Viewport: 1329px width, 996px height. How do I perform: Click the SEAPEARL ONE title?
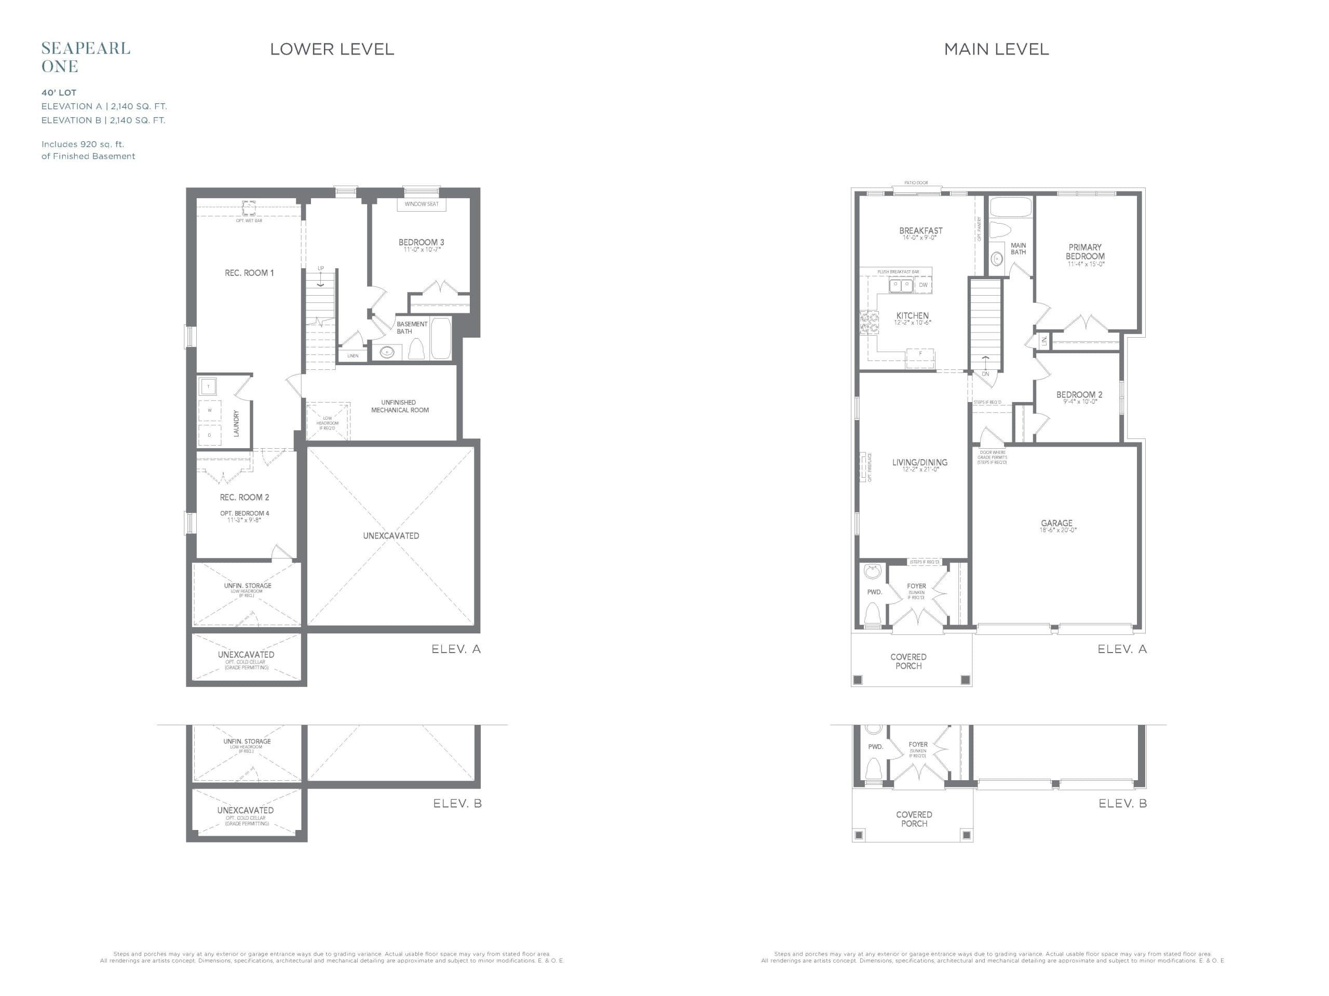tap(85, 57)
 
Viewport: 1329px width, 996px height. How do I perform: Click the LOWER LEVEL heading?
tap(332, 49)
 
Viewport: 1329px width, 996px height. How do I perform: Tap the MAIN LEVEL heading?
tap(996, 49)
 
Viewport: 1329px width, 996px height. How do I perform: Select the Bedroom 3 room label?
tap(421, 243)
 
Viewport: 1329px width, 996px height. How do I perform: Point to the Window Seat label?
tap(421, 204)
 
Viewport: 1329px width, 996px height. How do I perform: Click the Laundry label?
tap(236, 423)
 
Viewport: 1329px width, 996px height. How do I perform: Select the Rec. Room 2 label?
tap(245, 497)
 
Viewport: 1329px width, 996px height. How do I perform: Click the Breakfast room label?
tap(920, 230)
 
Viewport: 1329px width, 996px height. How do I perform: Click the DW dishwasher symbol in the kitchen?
tap(923, 285)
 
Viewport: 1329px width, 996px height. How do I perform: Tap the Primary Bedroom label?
tap(1085, 252)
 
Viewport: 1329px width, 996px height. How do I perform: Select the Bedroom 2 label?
tap(1079, 394)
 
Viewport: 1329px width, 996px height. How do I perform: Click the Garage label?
tap(1057, 523)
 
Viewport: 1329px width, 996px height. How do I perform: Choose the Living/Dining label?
tap(919, 462)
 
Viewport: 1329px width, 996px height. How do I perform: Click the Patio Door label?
tap(916, 183)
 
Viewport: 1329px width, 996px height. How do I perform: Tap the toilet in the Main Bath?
tap(1000, 230)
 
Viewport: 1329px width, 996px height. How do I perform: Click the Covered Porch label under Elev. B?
tap(914, 819)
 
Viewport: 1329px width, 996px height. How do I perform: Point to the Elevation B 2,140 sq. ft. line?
tap(103, 120)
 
